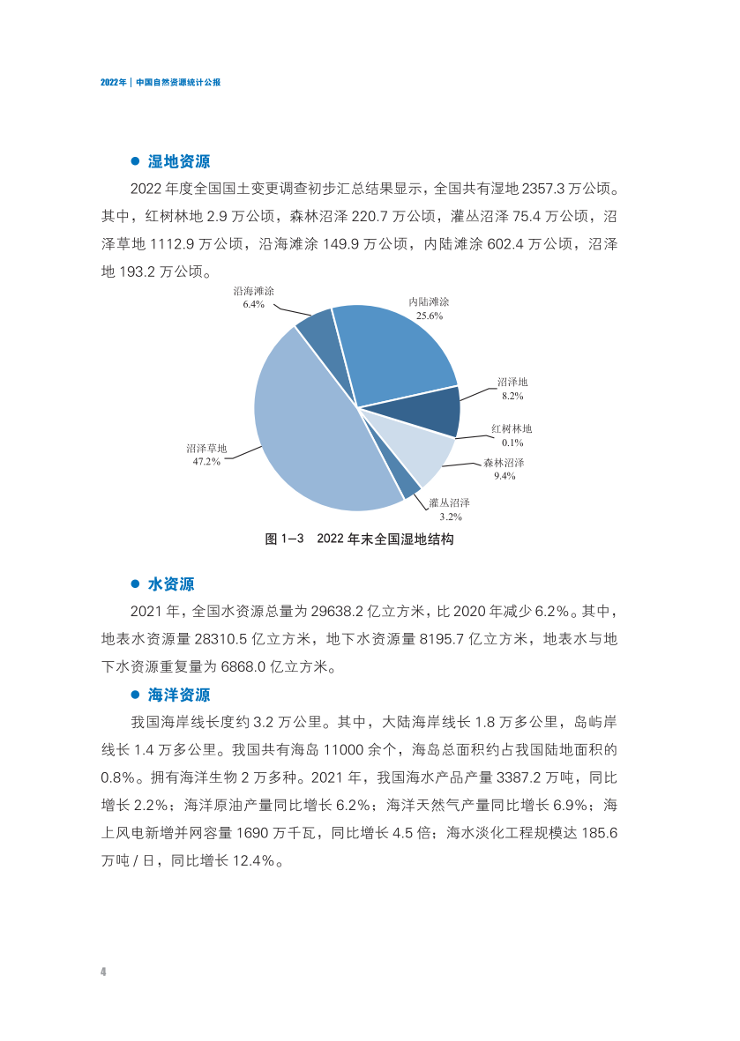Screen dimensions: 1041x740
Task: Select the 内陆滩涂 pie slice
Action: [x=397, y=353]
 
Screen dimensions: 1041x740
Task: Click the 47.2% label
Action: [x=206, y=461]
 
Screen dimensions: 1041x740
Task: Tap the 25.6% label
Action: [x=430, y=315]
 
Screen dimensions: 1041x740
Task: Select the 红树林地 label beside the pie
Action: [x=512, y=429]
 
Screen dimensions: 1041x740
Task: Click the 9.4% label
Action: [x=505, y=476]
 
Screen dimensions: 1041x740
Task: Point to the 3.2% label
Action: [x=451, y=517]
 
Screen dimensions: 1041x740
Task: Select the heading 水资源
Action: [x=171, y=584]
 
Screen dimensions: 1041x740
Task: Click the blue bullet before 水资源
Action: [x=136, y=584]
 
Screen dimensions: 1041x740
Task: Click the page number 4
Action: [x=103, y=971]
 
